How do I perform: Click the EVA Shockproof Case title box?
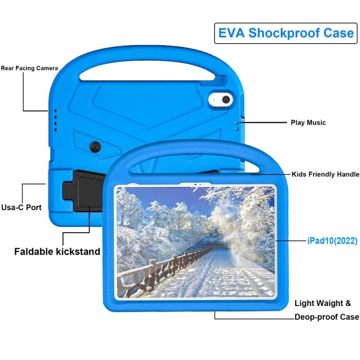click(x=286, y=33)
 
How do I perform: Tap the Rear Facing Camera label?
click(x=29, y=68)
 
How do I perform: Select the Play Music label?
click(x=308, y=122)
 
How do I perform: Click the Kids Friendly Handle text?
click(x=325, y=174)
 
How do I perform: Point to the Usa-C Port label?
click(x=21, y=207)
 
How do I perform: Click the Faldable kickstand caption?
click(x=57, y=252)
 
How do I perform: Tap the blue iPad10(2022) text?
click(x=332, y=241)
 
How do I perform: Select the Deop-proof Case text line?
click(x=326, y=317)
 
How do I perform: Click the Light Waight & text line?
click(x=323, y=303)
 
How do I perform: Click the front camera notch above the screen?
click(x=195, y=184)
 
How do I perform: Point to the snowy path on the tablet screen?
click(x=216, y=274)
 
